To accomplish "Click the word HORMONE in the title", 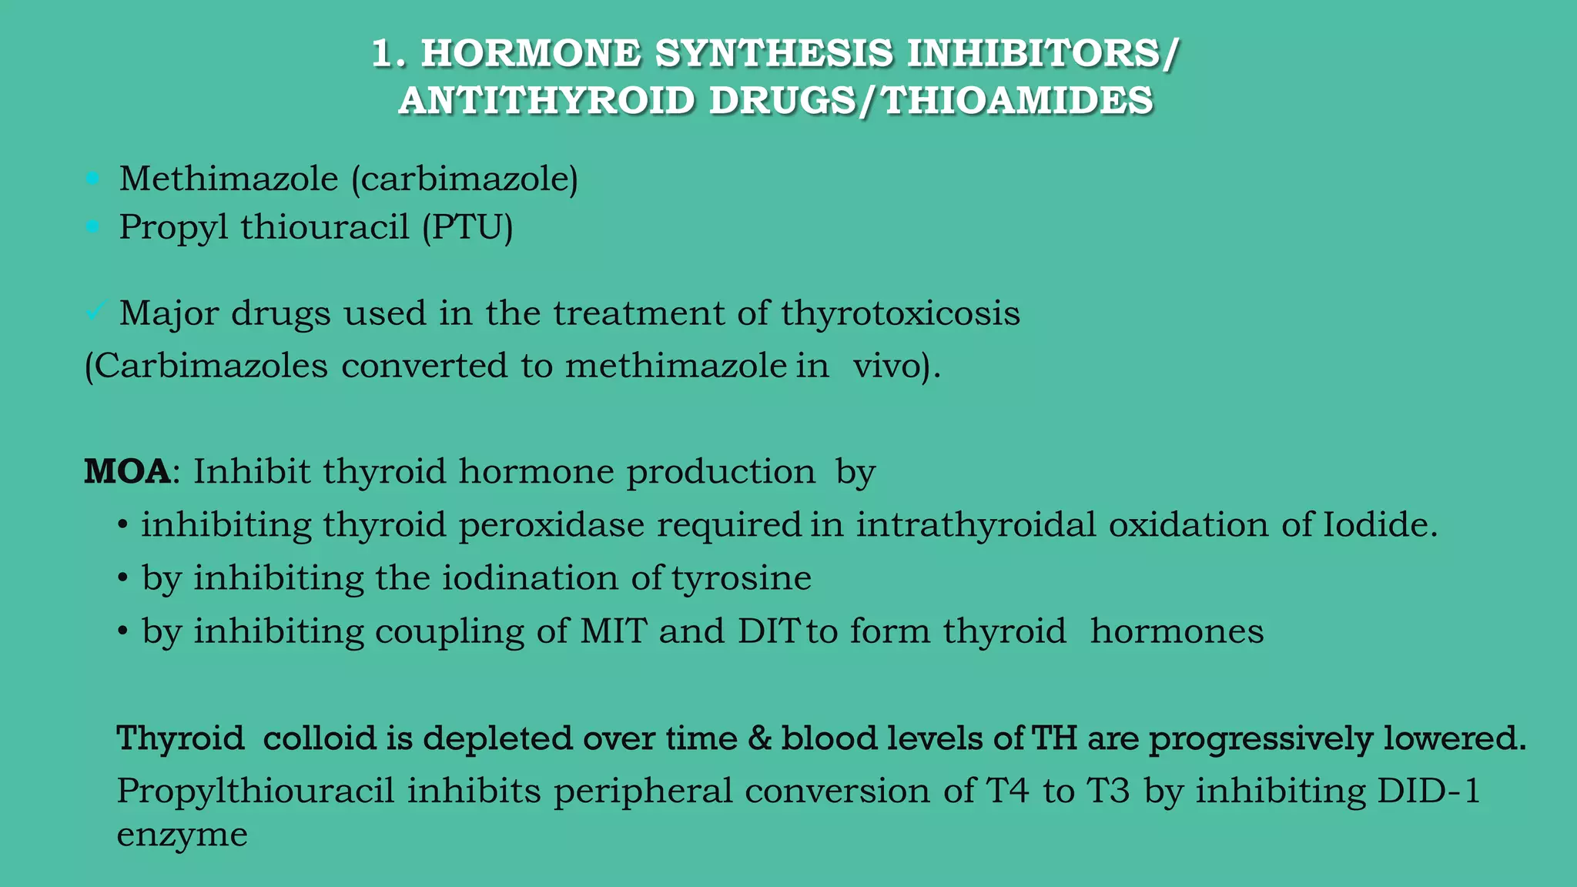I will click(x=531, y=53).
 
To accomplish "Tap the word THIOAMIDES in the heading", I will click(x=1017, y=101).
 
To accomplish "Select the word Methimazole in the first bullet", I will click(x=229, y=179).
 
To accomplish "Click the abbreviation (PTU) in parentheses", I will click(x=467, y=227).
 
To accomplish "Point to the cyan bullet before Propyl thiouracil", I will click(x=93, y=227).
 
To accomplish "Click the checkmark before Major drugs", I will click(x=95, y=312).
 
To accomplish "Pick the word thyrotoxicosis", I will click(x=900, y=313).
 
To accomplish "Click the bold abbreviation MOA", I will click(x=127, y=471).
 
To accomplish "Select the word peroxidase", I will click(x=551, y=525).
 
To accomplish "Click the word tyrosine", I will click(x=741, y=578).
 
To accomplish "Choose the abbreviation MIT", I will click(x=613, y=631).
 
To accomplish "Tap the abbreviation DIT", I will click(x=768, y=631).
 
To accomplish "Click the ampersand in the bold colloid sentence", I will click(x=759, y=738).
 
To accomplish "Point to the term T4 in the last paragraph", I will click(x=1007, y=792).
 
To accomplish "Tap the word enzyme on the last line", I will click(x=182, y=835).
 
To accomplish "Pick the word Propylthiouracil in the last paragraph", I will click(x=255, y=792).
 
